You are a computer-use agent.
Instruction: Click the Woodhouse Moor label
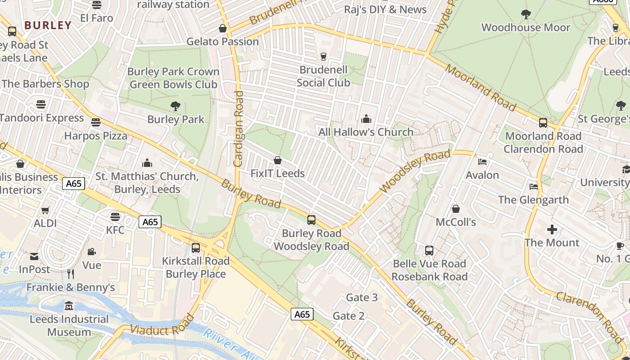(x=526, y=27)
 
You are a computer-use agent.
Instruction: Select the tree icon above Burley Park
(x=175, y=106)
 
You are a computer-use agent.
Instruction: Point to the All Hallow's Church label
(x=366, y=132)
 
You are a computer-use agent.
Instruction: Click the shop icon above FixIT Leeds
(x=278, y=161)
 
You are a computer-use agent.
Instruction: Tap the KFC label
(x=115, y=230)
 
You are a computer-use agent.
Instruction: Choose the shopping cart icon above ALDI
(x=45, y=210)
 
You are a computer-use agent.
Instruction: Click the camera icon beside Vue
(x=92, y=252)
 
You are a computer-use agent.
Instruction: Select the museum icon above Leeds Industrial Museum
(x=69, y=306)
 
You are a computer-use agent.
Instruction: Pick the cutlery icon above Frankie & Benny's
(x=71, y=274)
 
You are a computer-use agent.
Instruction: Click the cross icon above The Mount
(x=552, y=230)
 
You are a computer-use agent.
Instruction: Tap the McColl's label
(x=456, y=222)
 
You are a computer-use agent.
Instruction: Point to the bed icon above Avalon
(x=482, y=162)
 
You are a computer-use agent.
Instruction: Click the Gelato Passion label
(x=222, y=42)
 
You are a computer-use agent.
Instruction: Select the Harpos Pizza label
(x=96, y=135)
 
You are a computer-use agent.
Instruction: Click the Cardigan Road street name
(x=238, y=129)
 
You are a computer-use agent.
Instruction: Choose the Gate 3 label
(x=362, y=297)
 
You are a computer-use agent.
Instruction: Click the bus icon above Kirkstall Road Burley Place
(x=196, y=248)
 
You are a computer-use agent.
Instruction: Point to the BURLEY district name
(x=48, y=25)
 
